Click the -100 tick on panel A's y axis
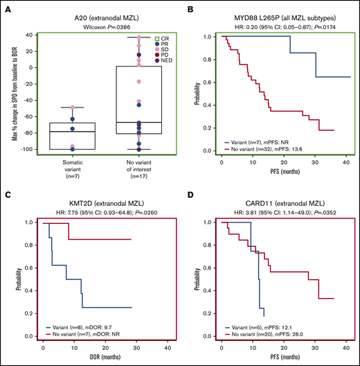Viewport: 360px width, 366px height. click(32, 150)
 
